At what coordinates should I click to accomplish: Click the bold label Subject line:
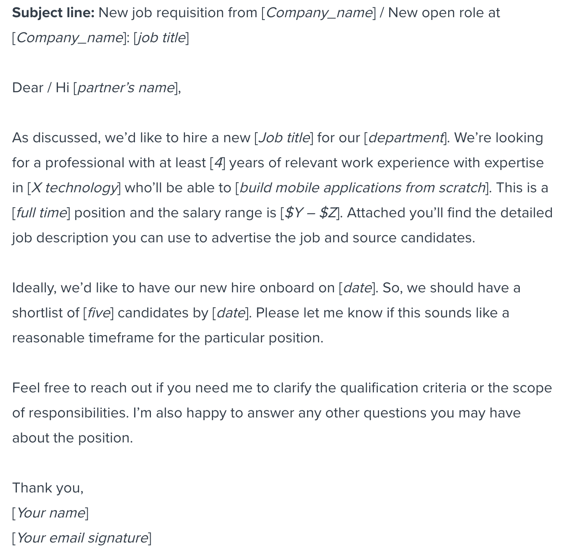coord(53,13)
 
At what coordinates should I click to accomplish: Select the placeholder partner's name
coord(126,88)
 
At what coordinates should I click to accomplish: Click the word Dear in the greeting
coord(27,88)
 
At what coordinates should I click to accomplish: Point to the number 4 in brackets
coord(217,163)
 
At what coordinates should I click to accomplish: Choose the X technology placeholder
coord(74,188)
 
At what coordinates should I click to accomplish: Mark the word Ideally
coord(34,288)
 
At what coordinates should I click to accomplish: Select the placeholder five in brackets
coord(98,313)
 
